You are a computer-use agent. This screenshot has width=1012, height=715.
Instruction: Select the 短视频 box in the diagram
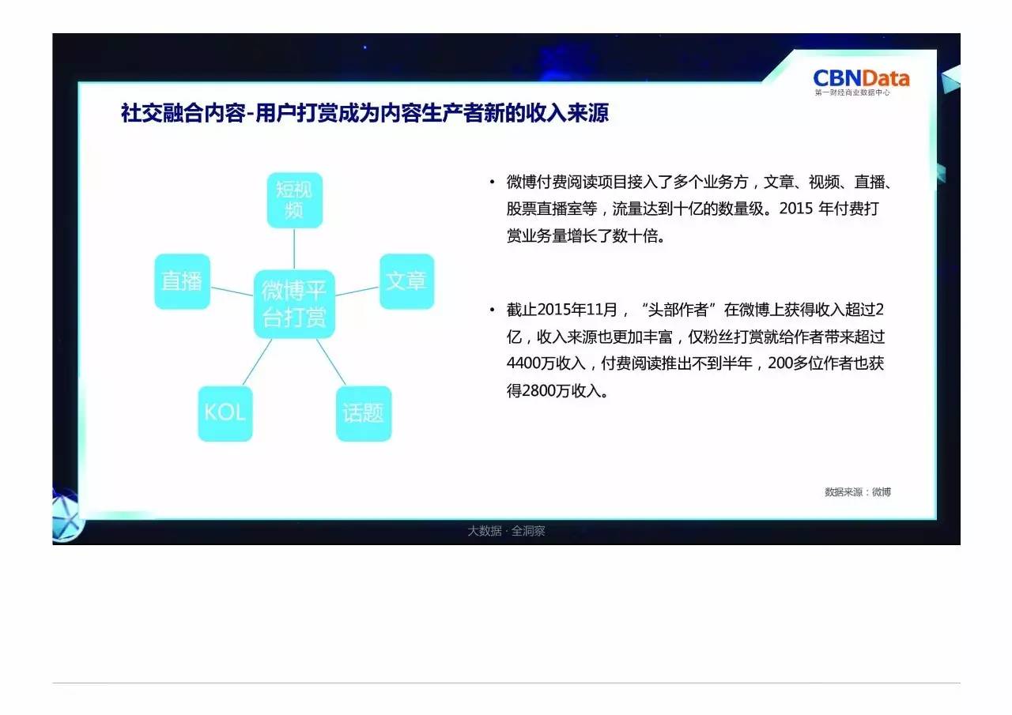click(295, 200)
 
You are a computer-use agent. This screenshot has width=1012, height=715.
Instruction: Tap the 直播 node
click(182, 281)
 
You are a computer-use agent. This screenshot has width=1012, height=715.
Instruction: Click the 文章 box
click(406, 281)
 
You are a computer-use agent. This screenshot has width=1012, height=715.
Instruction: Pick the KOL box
click(225, 413)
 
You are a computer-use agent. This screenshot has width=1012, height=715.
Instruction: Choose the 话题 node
click(364, 413)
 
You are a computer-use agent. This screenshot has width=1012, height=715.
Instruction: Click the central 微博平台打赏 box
click(294, 304)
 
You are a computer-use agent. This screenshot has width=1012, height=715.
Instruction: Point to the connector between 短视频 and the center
click(294, 249)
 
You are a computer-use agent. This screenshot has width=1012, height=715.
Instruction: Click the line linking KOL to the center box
click(258, 362)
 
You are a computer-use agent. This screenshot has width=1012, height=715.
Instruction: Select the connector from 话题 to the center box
click(331, 362)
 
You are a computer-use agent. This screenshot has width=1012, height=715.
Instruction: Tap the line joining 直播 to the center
click(232, 292)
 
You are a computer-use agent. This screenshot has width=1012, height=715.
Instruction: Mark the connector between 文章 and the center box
click(357, 292)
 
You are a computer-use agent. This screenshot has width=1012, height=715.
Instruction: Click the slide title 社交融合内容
click(183, 113)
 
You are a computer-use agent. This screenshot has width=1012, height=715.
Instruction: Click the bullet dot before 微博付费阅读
click(492, 183)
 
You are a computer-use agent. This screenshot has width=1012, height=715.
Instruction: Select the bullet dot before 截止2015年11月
click(492, 310)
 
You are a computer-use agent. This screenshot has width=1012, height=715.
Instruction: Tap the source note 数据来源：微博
click(858, 492)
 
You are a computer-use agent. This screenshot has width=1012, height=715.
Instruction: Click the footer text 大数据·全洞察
click(506, 531)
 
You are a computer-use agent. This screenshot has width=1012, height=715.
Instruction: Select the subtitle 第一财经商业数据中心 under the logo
click(852, 92)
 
